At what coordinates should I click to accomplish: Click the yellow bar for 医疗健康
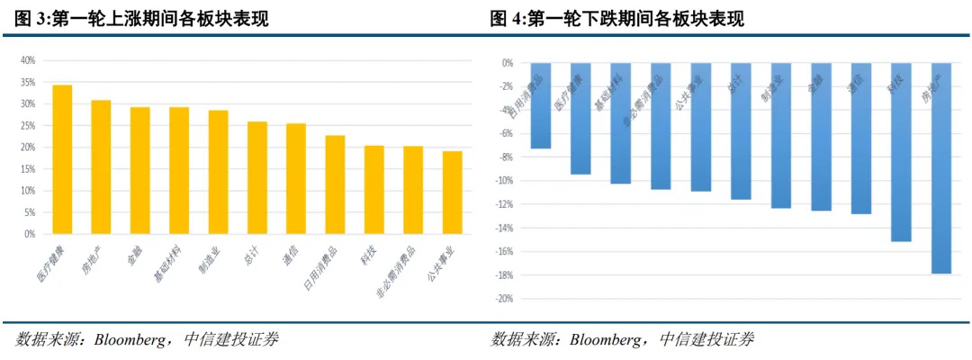point(62,159)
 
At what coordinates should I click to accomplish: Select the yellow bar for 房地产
point(101,166)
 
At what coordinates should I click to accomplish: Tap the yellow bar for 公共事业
point(452,193)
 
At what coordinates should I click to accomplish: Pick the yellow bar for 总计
point(256,177)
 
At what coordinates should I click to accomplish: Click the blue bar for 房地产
point(941,168)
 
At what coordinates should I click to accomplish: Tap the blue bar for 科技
point(901,152)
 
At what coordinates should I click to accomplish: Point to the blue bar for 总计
point(741,131)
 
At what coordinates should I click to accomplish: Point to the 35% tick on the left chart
point(28,82)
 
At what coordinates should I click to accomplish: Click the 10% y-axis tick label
point(28,191)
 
